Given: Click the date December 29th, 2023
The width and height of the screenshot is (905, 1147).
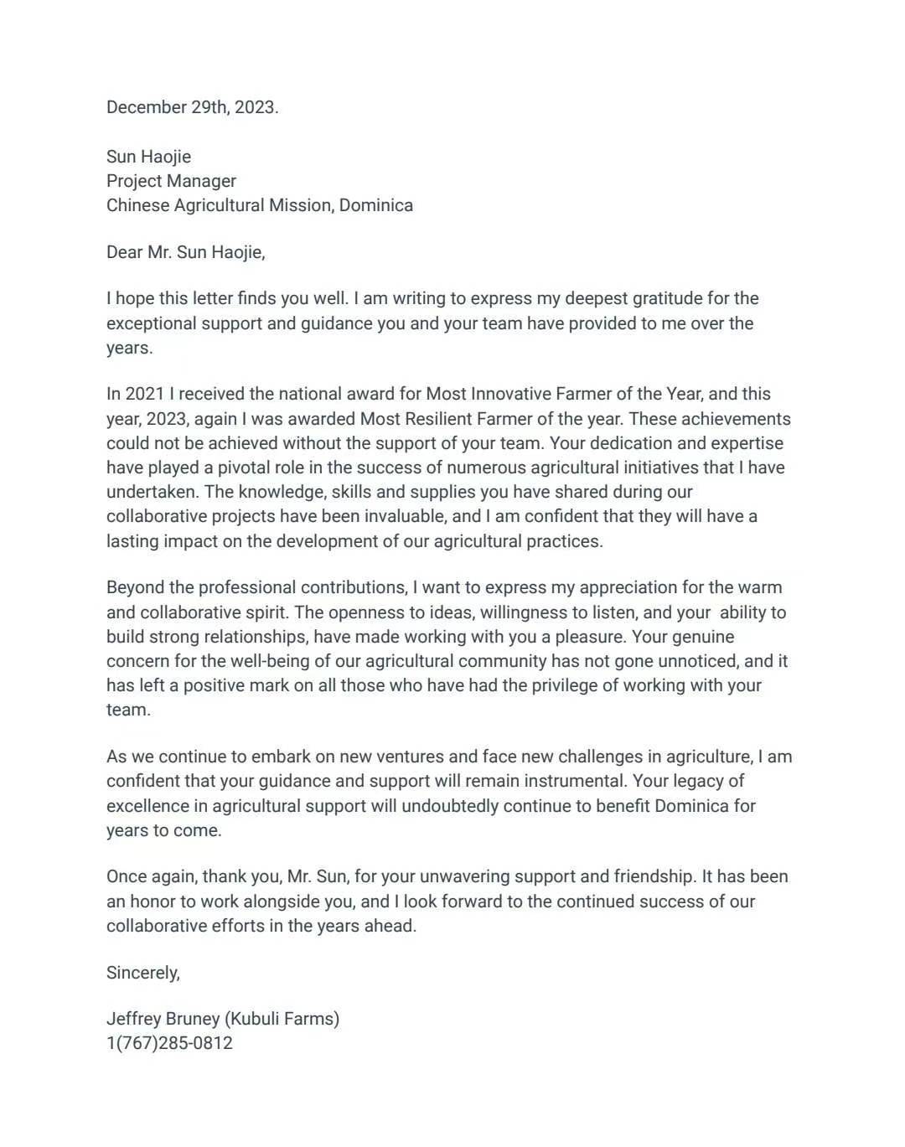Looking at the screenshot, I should tap(192, 107).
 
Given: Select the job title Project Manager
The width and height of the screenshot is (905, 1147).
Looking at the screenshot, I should tap(171, 181).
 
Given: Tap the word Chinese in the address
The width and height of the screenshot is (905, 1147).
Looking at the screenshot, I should tap(137, 205).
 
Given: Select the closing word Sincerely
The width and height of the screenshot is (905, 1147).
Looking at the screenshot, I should tap(142, 973).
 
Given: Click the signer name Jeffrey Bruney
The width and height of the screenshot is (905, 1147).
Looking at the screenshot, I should tap(163, 1019).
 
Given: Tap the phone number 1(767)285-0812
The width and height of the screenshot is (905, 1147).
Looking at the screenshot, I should tap(169, 1043).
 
